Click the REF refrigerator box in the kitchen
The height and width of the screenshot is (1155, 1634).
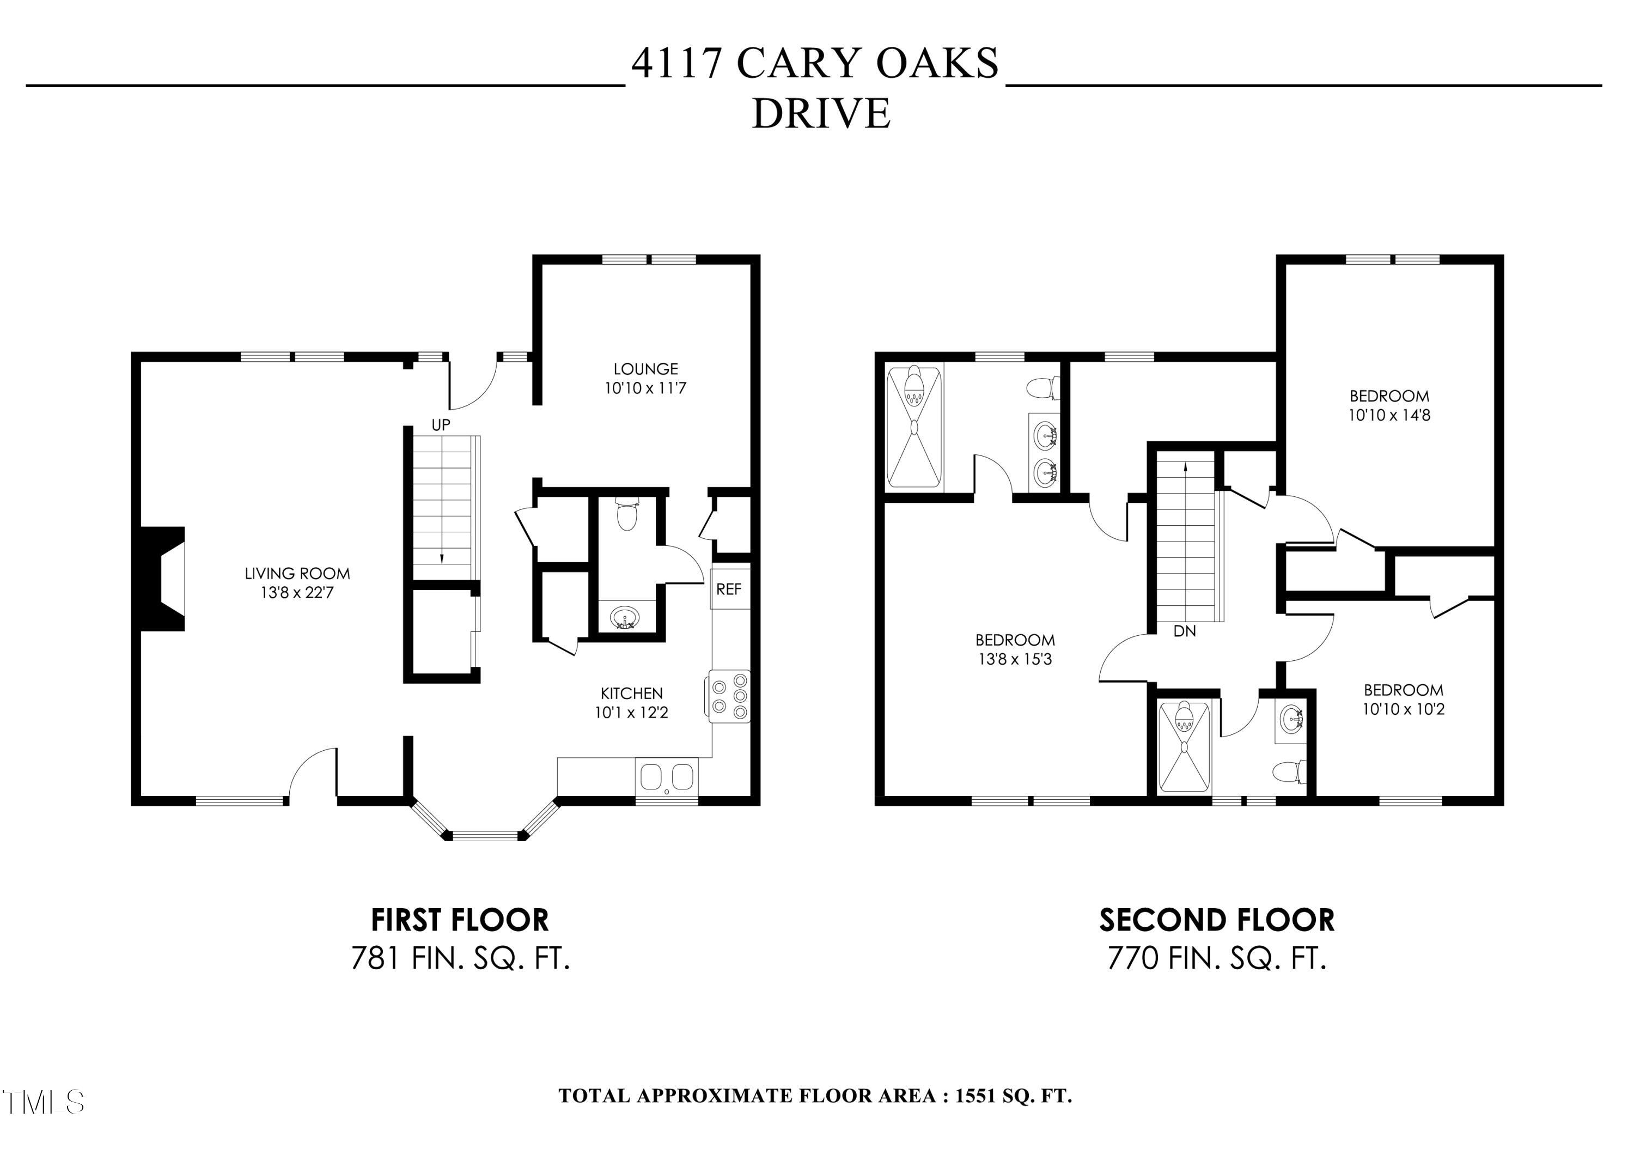729,589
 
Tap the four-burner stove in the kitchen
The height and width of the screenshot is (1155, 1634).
729,697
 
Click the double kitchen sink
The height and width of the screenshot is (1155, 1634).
667,777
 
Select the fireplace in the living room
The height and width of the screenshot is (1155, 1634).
162,579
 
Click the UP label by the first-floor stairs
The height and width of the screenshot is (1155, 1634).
441,425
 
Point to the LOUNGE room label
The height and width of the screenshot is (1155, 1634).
645,369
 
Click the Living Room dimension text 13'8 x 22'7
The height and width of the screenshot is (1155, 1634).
297,592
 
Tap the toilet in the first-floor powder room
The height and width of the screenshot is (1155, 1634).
627,514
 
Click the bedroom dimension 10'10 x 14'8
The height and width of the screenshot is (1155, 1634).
1389,415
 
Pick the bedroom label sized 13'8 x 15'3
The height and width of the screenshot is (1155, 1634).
1015,640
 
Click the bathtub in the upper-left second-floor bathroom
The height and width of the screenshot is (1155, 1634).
914,425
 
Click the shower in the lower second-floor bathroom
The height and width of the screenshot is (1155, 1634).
1184,747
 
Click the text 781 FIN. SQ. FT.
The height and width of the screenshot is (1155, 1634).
460,958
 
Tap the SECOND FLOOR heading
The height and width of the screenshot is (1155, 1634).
1217,920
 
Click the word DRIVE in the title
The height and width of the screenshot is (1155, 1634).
821,114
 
